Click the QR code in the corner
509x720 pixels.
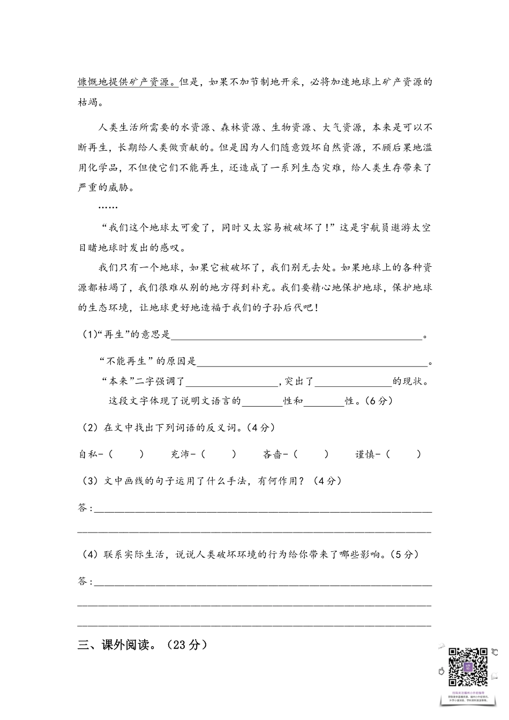pyautogui.click(x=468, y=667)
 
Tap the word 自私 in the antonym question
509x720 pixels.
pyautogui.click(x=88, y=454)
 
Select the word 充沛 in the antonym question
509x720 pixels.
pyautogui.click(x=181, y=454)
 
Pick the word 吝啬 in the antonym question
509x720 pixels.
pyautogui.click(x=273, y=454)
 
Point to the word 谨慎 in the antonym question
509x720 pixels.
pyautogui.click(x=365, y=454)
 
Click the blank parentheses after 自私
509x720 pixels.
pyautogui.click(x=126, y=454)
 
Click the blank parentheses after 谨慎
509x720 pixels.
pyautogui.click(x=404, y=454)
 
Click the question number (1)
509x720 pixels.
pyautogui.click(x=88, y=335)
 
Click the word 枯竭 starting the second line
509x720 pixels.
pyautogui.click(x=88, y=102)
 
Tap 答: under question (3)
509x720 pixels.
pyautogui.click(x=85, y=508)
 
